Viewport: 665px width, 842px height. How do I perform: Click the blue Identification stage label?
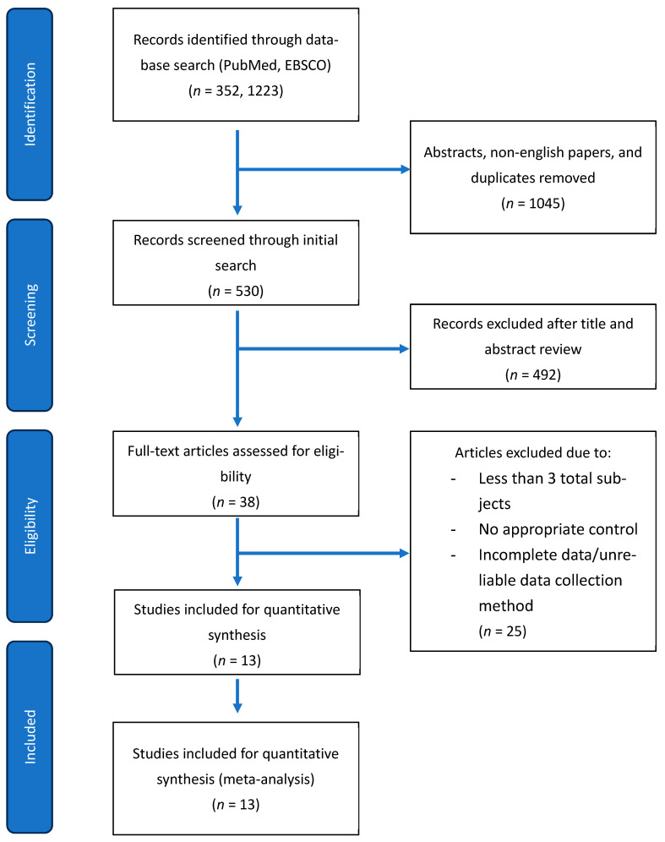[x=30, y=104]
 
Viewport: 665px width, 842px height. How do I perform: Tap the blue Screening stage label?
[x=30, y=315]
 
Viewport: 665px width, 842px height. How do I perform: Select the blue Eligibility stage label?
[x=30, y=526]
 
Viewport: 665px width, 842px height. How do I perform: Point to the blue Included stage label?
[x=30, y=737]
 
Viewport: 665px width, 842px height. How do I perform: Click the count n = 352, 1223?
[x=236, y=90]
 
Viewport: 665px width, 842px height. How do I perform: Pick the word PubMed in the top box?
[x=248, y=65]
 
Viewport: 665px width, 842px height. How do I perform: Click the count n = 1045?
[x=533, y=204]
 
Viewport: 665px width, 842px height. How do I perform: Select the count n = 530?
[x=236, y=291]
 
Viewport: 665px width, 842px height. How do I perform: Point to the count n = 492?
[x=533, y=375]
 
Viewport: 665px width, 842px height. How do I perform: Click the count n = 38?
[x=236, y=502]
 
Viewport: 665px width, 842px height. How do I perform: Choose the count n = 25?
[x=503, y=631]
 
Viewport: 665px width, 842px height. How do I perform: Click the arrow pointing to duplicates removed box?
[x=324, y=170]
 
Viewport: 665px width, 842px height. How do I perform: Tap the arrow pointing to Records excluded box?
[x=324, y=349]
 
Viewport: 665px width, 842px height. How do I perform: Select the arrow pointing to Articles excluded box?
[x=324, y=553]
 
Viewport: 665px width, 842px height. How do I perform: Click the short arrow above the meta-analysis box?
[x=237, y=696]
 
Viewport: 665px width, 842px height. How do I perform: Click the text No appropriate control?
[x=559, y=529]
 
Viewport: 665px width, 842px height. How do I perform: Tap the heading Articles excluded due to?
[x=533, y=452]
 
